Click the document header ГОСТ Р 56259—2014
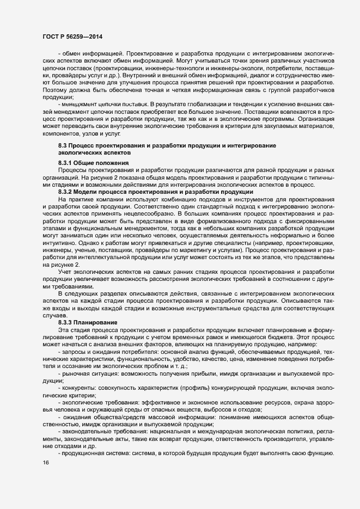coord(72,36)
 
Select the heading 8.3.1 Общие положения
coord(93,163)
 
